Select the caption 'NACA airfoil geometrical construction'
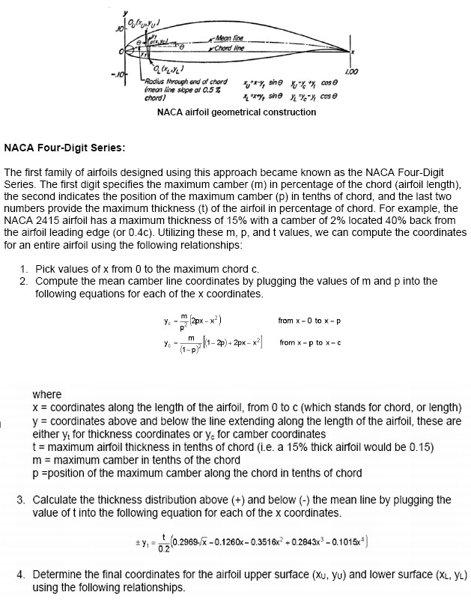[236, 112]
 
